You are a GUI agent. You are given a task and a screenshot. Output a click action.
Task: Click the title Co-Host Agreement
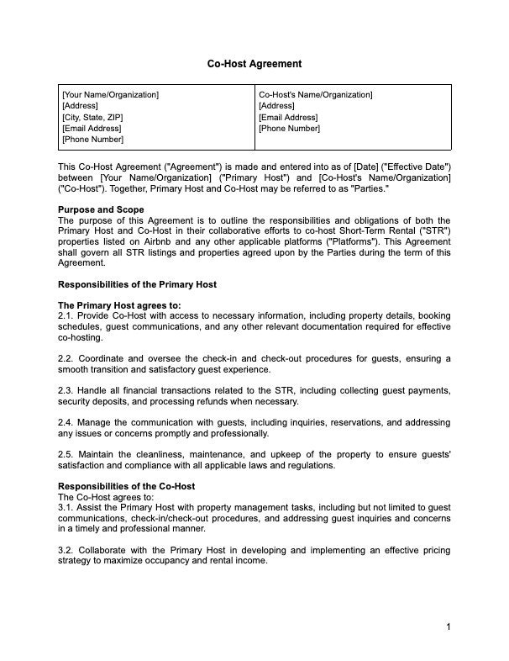[254, 64]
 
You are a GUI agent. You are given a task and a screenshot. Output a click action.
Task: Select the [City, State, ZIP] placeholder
[92, 118]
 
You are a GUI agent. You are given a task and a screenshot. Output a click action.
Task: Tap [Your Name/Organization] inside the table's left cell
[110, 95]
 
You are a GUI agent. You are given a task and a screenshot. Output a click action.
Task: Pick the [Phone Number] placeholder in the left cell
[92, 140]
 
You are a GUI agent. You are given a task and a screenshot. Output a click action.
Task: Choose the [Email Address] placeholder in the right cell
[288, 118]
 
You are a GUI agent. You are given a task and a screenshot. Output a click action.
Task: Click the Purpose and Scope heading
[101, 209]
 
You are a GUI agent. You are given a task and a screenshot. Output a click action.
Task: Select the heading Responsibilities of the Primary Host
[137, 284]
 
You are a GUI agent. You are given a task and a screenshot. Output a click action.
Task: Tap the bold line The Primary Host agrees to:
[119, 304]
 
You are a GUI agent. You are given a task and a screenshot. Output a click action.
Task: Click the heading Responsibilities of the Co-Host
[126, 487]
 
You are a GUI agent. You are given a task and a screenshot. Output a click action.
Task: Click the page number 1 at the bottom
[449, 627]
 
